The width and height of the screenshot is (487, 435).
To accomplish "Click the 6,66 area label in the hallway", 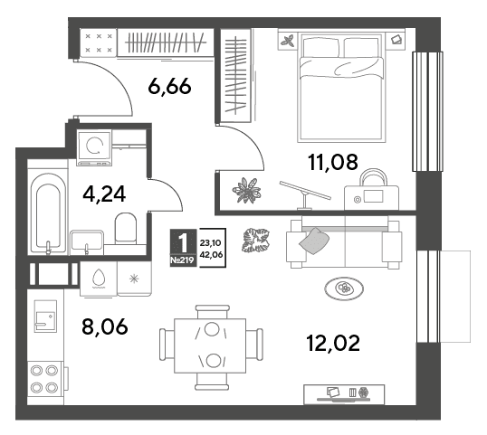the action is coord(169,86).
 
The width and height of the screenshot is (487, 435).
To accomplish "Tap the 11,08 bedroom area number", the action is coord(332,162).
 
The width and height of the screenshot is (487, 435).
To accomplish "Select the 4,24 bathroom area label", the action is coord(104,194).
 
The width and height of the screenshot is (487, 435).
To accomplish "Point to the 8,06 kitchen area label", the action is coord(105,326).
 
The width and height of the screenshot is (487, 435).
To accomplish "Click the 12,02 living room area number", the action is coord(333,343).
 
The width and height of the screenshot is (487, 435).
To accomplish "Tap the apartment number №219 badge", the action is coord(183,260).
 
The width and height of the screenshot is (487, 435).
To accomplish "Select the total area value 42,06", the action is coord(212,255).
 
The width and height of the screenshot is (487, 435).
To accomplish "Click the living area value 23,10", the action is coord(211,243).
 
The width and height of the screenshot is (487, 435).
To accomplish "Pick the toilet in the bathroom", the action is coord(126,228).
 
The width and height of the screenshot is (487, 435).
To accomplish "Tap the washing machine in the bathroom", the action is coord(94,147).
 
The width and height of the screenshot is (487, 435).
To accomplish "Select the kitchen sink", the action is coord(45,316).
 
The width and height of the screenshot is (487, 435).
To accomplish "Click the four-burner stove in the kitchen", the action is coord(44,379).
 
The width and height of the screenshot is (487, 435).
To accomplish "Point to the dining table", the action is coord(210,345).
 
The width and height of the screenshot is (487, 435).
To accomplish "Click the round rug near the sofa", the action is coord(344,288).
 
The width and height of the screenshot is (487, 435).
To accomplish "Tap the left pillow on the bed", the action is coord(320,47).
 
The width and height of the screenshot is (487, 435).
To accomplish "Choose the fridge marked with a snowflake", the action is coord(135,279).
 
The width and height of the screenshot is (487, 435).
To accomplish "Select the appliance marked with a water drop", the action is coord(99,279).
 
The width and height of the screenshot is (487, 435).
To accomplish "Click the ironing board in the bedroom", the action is coord(305,194).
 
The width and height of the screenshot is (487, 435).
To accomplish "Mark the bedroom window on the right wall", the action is coord(427,112).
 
